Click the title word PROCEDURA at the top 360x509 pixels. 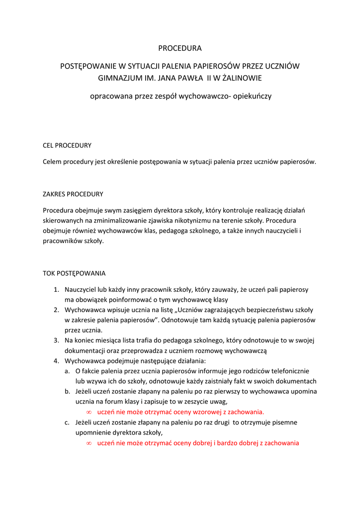(180, 48)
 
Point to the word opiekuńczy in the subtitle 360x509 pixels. (252, 96)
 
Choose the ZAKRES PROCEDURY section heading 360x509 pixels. (73, 194)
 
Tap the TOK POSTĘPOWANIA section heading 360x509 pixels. (74, 273)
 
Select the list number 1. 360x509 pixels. (56, 289)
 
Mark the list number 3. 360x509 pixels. (56, 340)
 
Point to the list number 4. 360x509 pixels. (56, 361)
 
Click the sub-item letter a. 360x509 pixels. (67, 371)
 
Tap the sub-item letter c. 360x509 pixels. (67, 423)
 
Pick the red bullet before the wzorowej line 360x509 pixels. (89, 413)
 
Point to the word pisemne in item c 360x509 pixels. (284, 423)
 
